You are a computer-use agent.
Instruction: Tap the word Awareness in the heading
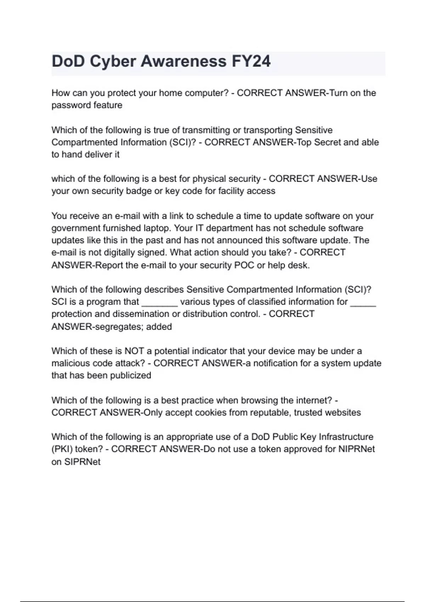(183, 61)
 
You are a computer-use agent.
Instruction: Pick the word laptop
(155, 228)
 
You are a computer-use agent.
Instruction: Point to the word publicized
(131, 375)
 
